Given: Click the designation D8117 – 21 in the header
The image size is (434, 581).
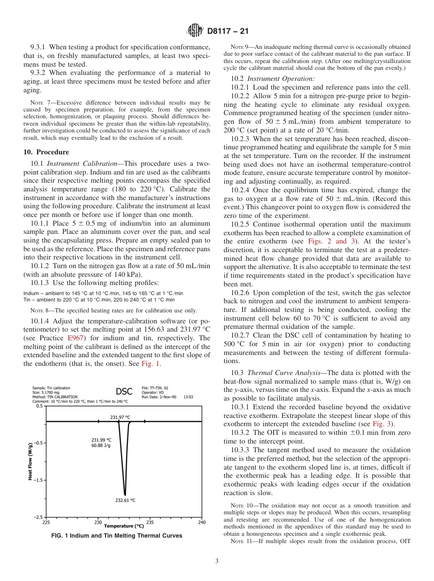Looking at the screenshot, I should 227,32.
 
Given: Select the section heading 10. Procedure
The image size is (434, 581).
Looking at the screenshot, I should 46,152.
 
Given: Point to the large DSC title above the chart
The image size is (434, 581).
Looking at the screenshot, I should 124,391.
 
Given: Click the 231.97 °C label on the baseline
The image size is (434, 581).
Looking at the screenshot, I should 120,417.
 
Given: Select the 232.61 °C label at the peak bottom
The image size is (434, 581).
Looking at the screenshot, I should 125,500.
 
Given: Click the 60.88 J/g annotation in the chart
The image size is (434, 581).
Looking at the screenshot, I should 101,446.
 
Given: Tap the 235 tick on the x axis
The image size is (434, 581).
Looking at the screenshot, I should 150,522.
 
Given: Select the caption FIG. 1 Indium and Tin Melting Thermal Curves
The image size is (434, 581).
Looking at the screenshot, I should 117,536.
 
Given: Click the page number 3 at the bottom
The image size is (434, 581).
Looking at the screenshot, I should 217,561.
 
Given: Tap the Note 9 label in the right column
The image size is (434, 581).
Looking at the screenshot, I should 240,47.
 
